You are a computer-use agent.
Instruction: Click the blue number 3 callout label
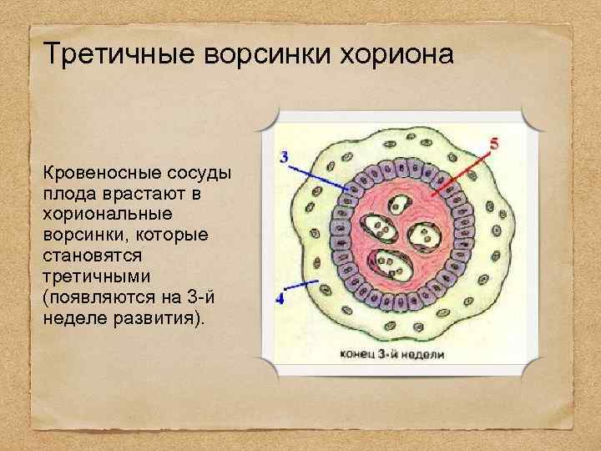(x=285, y=156)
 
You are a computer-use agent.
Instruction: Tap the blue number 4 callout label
(x=280, y=296)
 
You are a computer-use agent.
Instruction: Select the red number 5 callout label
(x=493, y=144)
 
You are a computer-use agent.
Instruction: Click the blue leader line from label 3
(x=317, y=176)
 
